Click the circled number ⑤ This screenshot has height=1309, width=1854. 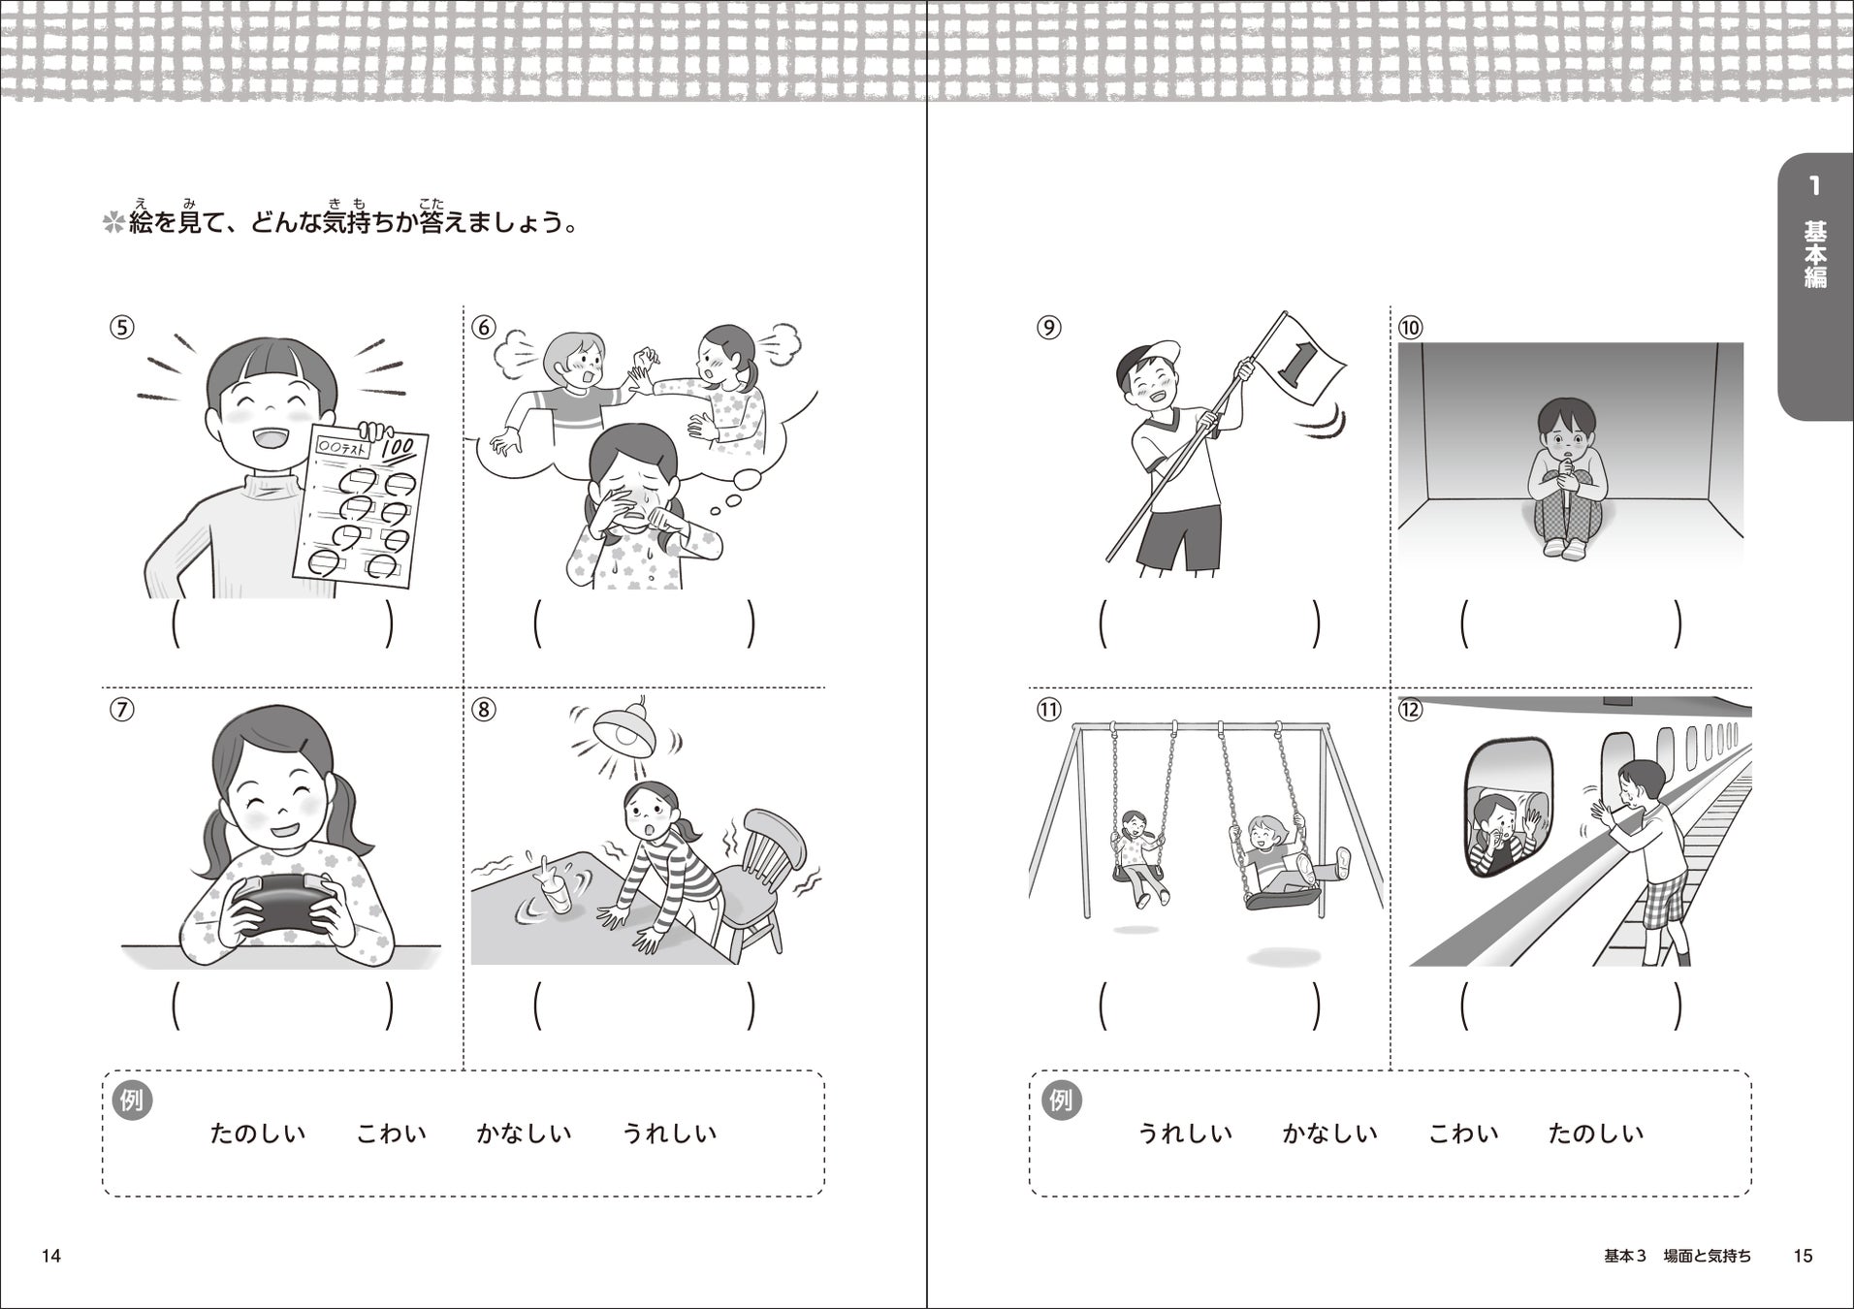[120, 327]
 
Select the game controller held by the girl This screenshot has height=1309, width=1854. [282, 907]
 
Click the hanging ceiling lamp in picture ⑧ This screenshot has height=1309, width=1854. [624, 727]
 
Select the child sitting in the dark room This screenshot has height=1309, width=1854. [1564, 479]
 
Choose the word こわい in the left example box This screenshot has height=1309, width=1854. [392, 1133]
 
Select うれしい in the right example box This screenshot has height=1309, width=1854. [1184, 1133]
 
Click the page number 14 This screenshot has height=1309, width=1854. [51, 1257]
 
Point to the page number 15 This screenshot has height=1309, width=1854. [1803, 1257]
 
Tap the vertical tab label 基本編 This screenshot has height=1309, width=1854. [1815, 254]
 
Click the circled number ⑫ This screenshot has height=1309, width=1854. [1409, 709]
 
